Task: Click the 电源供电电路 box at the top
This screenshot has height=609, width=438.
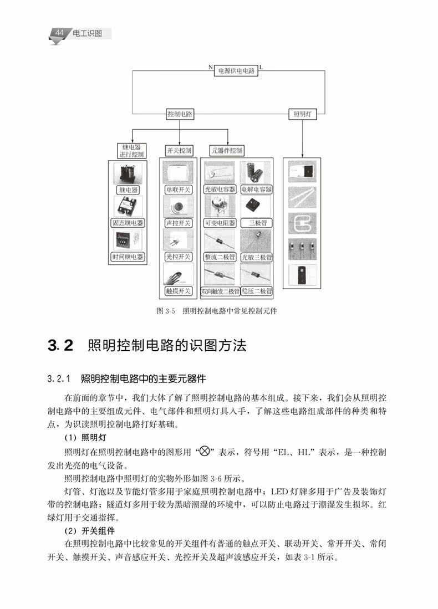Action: (x=236, y=71)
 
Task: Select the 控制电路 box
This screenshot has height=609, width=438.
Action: (x=180, y=114)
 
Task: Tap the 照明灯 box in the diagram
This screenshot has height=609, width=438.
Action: (x=302, y=114)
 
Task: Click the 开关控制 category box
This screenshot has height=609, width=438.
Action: (x=179, y=150)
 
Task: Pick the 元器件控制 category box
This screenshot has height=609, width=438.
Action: (x=227, y=150)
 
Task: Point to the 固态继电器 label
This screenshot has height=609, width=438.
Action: (x=128, y=223)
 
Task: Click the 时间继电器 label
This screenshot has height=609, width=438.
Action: (x=128, y=257)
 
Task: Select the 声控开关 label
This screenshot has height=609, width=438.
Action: (x=179, y=223)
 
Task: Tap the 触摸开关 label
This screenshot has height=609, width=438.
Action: (x=179, y=291)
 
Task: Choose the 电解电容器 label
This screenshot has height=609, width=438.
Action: (x=256, y=190)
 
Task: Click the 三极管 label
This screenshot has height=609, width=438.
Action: (x=256, y=223)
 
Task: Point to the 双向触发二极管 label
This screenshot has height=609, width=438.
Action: (x=220, y=291)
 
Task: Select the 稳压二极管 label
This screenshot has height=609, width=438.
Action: (x=257, y=291)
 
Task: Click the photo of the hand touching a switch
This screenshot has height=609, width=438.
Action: (x=179, y=275)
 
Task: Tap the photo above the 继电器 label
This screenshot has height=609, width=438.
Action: (x=128, y=173)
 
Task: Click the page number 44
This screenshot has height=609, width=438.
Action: (x=59, y=33)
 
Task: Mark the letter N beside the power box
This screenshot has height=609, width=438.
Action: (x=211, y=67)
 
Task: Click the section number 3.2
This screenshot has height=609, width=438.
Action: (x=60, y=345)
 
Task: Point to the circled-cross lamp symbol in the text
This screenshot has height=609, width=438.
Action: (x=205, y=451)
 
